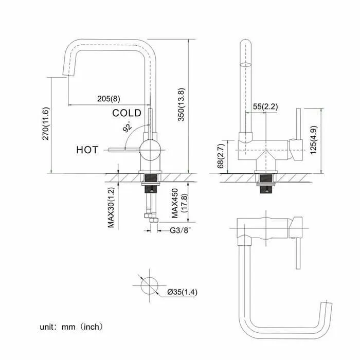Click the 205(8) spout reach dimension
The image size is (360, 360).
(109, 99)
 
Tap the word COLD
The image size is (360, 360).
(127, 113)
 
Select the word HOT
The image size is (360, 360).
(87, 150)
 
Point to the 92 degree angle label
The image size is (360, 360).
(128, 127)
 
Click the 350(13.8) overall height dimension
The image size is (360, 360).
(182, 104)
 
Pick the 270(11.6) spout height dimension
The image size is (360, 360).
(46, 123)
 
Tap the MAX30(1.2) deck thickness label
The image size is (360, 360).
(111, 208)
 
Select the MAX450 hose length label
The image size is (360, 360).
(175, 203)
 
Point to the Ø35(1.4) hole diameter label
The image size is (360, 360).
(182, 292)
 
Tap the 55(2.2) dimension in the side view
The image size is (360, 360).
(265, 106)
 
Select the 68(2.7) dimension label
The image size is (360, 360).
(221, 156)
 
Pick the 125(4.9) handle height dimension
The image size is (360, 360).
(314, 140)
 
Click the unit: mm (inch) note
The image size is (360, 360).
(71, 327)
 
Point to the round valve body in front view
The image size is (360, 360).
(150, 150)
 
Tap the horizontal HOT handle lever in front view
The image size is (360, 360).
(124, 150)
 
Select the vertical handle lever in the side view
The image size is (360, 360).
(298, 124)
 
